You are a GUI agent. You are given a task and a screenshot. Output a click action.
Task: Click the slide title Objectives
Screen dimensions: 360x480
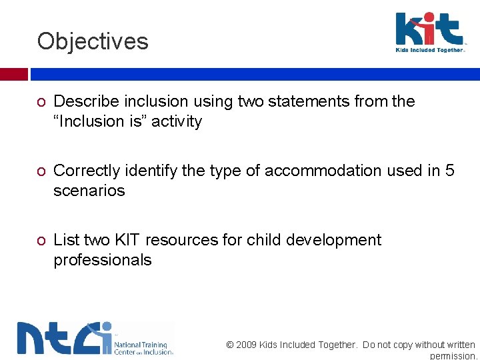(x=93, y=41)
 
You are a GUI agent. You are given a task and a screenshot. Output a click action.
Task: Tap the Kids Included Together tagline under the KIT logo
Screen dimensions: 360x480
(x=429, y=50)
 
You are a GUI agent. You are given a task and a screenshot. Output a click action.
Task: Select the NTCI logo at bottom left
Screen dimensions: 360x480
(x=95, y=338)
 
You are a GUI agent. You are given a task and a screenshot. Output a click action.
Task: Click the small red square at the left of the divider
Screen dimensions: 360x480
(x=13, y=74)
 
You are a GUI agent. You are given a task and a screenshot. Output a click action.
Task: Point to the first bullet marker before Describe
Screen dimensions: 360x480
(x=41, y=102)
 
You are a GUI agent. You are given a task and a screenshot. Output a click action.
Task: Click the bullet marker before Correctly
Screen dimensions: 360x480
(x=41, y=171)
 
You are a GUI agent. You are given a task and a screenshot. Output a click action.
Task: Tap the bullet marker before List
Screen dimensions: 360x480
(x=41, y=241)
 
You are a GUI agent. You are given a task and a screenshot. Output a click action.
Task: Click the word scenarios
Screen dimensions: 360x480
(x=89, y=191)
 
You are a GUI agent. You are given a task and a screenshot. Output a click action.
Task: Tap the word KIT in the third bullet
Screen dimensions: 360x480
(x=125, y=240)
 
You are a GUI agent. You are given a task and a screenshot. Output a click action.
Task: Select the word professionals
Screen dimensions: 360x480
(x=102, y=260)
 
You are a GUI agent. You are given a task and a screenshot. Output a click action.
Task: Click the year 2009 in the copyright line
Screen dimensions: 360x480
(x=247, y=345)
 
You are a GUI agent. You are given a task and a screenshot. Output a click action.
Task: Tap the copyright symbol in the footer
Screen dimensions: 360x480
(x=230, y=345)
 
